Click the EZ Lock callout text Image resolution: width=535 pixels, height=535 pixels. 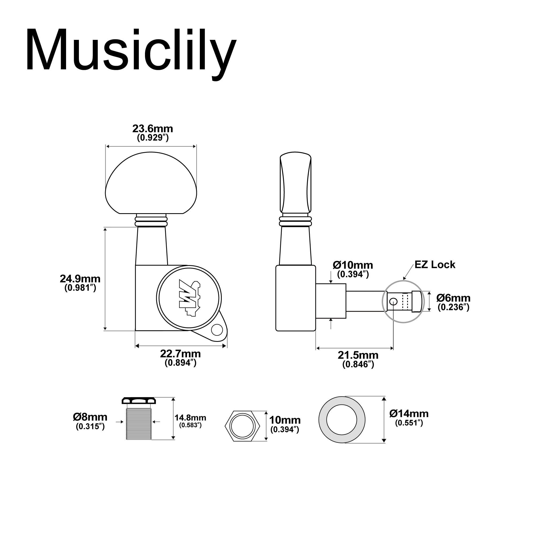pyautogui.click(x=435, y=265)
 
